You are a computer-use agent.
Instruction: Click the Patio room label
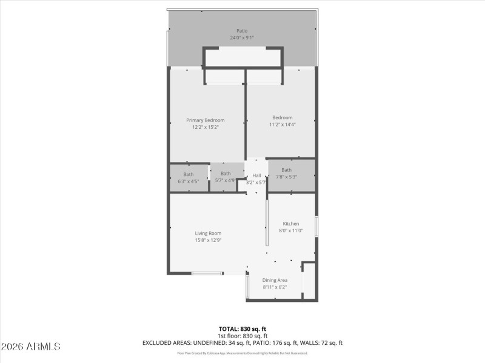point(242,30)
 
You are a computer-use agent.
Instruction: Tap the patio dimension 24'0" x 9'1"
point(242,38)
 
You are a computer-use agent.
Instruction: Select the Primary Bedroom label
point(205,120)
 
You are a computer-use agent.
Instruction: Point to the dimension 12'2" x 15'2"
point(205,127)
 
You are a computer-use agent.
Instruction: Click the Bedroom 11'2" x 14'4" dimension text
point(282,124)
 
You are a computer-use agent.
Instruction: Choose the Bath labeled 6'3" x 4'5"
point(189,175)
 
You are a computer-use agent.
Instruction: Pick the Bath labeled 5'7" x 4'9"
point(226,174)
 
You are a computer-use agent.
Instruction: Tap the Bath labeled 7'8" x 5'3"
point(286,170)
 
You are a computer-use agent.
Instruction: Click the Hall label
point(256,175)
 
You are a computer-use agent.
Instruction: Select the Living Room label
point(208,234)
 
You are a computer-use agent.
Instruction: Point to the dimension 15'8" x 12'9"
point(208,240)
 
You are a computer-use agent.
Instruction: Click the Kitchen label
point(291,224)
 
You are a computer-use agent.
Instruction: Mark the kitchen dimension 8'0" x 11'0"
point(291,231)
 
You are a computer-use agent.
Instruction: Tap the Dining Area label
point(275,280)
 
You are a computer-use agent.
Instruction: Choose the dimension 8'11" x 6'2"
point(275,287)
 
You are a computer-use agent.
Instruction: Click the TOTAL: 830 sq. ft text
point(242,329)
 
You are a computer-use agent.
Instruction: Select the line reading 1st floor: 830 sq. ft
point(242,336)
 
